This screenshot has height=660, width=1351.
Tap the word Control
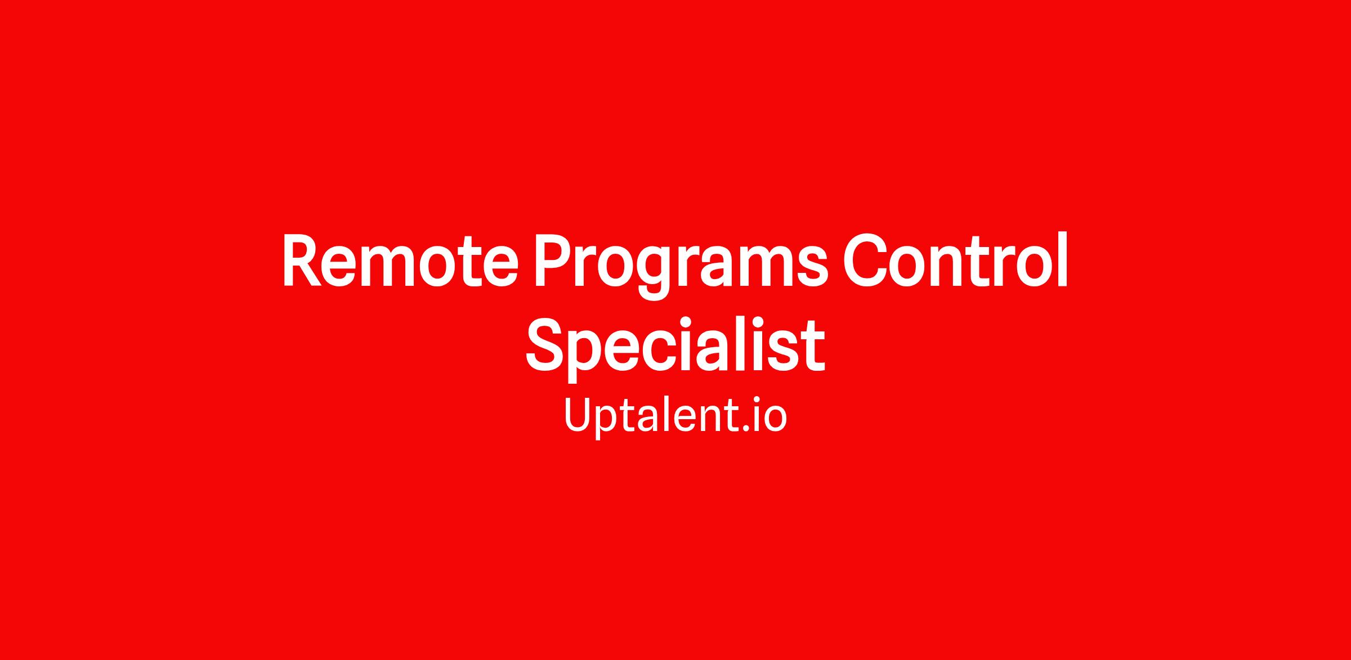[955, 259]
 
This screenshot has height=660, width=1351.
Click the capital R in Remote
[302, 261]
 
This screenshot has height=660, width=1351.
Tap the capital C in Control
[867, 261]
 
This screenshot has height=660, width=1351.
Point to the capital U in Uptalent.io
[580, 415]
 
